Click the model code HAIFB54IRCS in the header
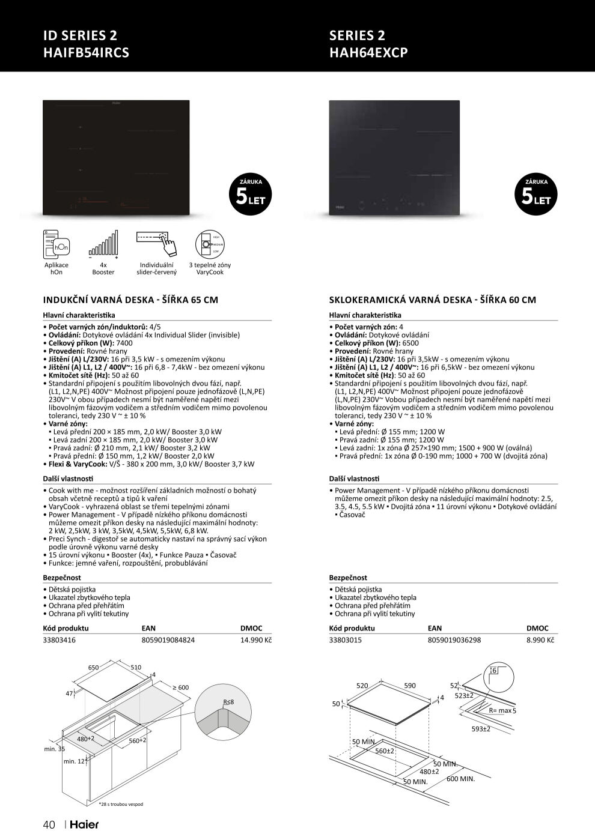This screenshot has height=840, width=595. click(x=86, y=52)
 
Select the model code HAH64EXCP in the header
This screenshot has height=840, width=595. click(x=368, y=52)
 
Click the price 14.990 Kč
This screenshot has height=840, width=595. click(x=256, y=640)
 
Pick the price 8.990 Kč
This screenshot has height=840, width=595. click(x=540, y=640)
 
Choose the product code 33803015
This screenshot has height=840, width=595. click(x=345, y=640)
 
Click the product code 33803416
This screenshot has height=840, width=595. click(x=59, y=640)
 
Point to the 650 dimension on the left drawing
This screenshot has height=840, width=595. click(x=93, y=668)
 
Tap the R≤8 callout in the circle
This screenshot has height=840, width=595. click(x=228, y=702)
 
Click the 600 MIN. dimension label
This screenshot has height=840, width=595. click(x=460, y=779)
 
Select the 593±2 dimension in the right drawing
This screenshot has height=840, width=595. click(x=481, y=729)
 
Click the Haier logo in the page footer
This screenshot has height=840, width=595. click(x=84, y=824)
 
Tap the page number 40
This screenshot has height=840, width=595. click(x=49, y=824)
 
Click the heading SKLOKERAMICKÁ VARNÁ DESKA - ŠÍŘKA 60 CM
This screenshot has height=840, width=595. click(x=432, y=300)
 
